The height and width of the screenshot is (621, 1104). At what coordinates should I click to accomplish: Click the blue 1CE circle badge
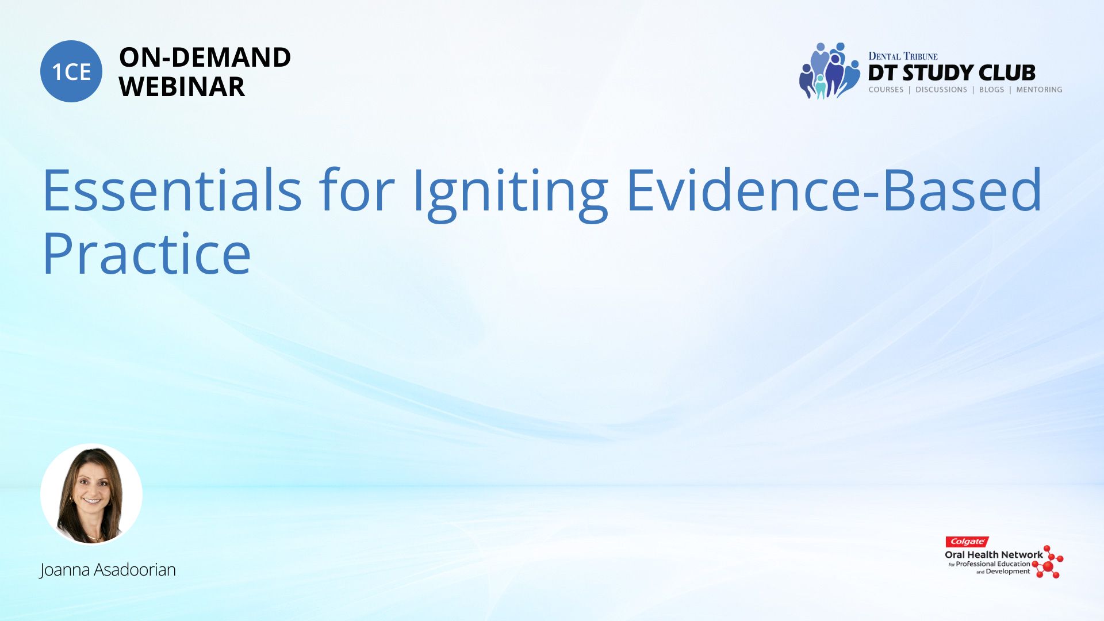71,71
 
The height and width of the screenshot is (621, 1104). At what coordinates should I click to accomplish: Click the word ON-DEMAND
205,57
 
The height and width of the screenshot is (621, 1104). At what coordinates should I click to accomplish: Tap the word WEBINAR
182,87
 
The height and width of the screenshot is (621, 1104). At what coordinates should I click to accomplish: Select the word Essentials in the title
172,190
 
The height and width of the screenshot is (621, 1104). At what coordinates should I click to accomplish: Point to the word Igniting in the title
511,194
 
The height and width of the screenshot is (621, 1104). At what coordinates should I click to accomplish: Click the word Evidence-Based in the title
834,190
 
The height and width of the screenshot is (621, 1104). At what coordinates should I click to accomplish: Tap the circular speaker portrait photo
91,494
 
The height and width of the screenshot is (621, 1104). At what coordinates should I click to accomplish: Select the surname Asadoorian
135,569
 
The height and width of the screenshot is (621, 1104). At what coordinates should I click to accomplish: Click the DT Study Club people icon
829,71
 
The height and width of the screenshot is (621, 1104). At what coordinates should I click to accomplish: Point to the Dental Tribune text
903,56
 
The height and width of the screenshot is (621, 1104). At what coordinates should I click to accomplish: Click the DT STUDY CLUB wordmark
952,73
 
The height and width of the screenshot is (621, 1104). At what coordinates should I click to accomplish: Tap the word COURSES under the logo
886,90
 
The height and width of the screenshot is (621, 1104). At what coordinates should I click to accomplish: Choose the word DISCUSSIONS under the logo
941,90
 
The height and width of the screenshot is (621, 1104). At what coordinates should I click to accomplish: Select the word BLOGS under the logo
991,90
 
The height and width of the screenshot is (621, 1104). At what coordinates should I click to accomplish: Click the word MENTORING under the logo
1039,90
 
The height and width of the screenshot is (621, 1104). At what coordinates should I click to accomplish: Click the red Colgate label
967,542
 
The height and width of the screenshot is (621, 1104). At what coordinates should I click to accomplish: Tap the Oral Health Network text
994,555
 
